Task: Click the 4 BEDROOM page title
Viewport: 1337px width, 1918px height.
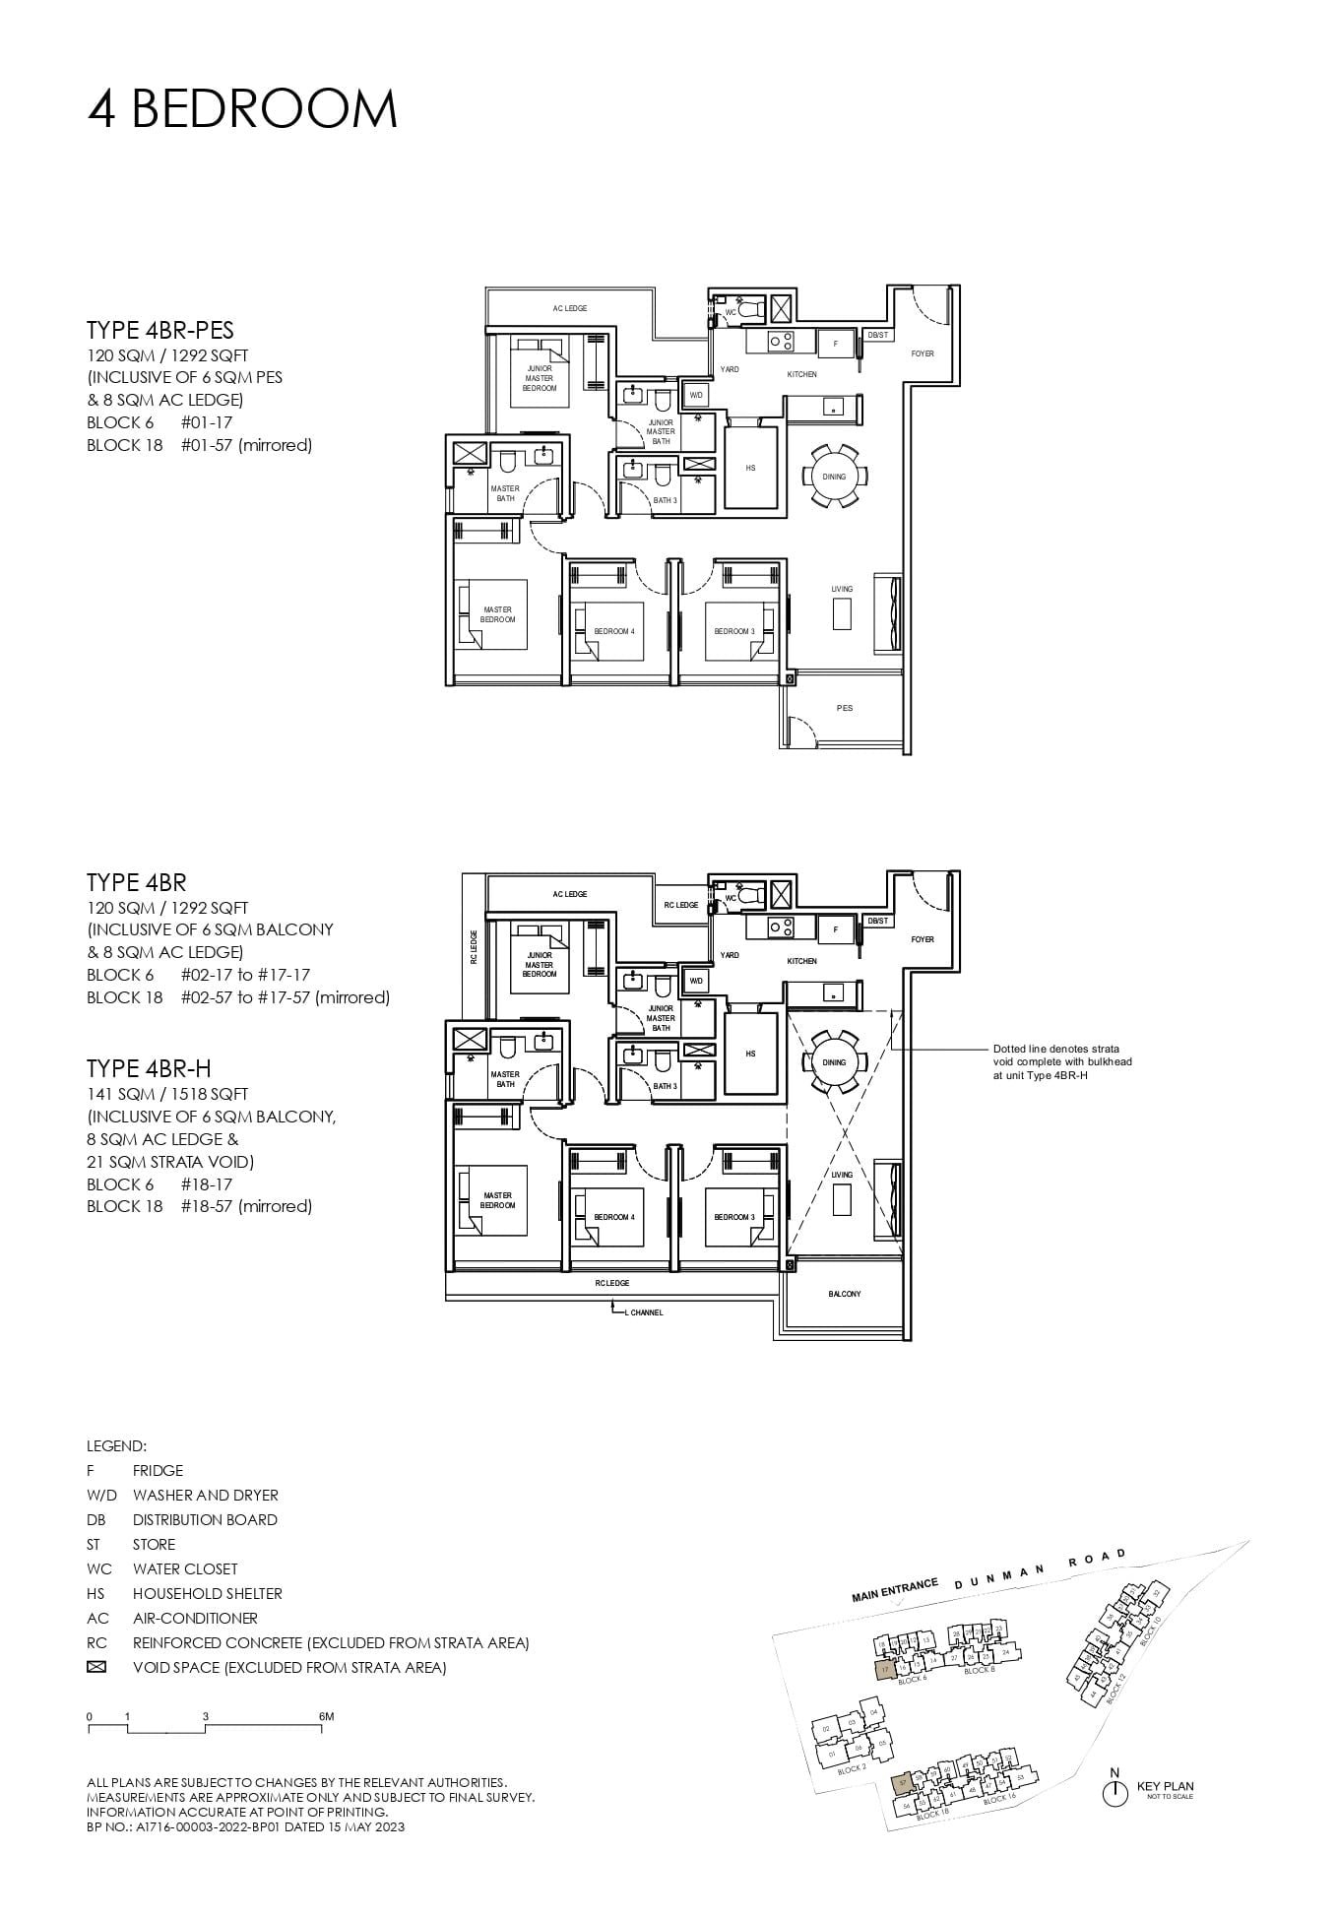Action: [242, 109]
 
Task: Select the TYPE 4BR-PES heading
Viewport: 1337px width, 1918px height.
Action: [159, 330]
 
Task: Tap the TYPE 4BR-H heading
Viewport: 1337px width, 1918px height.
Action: [149, 1069]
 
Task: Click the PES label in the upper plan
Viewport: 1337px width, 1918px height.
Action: [845, 708]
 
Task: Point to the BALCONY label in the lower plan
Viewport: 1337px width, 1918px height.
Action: [844, 1294]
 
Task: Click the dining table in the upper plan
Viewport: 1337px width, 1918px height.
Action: [834, 477]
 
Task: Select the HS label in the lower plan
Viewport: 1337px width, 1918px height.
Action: [750, 1054]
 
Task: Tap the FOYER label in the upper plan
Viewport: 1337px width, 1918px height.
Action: [923, 353]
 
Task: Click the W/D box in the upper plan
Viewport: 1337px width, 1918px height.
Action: [696, 395]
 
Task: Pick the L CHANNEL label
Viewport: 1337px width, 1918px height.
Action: [644, 1312]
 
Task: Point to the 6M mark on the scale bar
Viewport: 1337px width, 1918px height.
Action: [326, 1716]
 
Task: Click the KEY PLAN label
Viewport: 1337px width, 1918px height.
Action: [1165, 1786]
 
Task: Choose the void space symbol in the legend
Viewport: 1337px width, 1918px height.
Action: [96, 1667]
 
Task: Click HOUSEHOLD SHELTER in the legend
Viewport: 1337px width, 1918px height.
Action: [207, 1593]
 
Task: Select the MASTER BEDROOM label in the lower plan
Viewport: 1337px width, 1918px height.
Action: [497, 1200]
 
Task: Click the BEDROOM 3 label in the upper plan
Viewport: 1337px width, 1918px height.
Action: [734, 631]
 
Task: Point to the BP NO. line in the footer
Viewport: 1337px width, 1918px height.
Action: [245, 1826]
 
